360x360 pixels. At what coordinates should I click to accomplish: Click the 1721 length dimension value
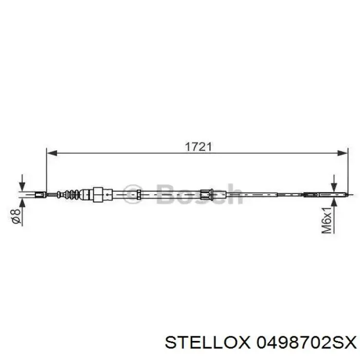[x=199, y=146]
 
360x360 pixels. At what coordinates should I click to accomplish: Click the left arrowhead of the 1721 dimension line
[x=50, y=153]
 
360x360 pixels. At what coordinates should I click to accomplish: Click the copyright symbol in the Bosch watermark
[x=134, y=194]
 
